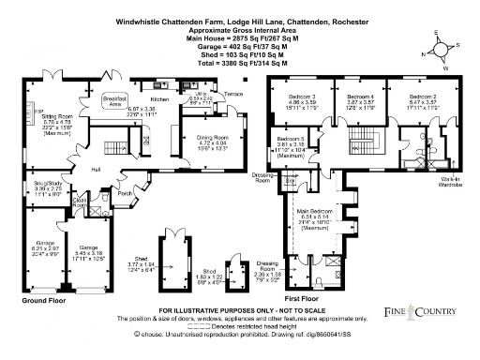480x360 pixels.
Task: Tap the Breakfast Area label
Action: [x=114, y=99]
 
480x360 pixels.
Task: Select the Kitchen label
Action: [x=159, y=97]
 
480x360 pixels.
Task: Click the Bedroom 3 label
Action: [x=302, y=97]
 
